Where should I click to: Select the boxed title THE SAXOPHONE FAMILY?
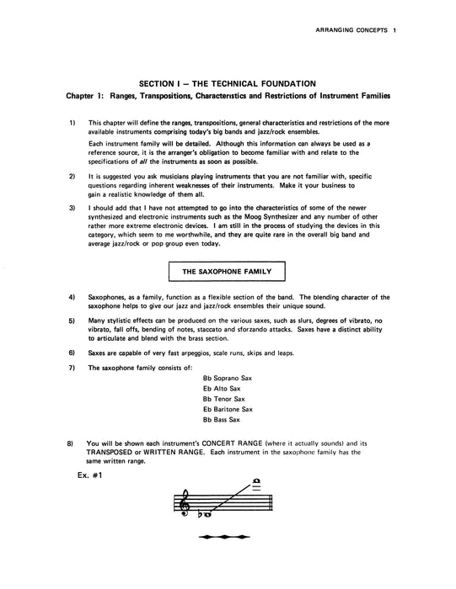click(227, 271)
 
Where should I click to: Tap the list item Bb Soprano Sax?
click(228, 378)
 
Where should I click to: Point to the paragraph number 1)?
click(73, 123)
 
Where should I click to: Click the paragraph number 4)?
click(73, 298)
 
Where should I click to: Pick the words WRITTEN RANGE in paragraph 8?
click(180, 452)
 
